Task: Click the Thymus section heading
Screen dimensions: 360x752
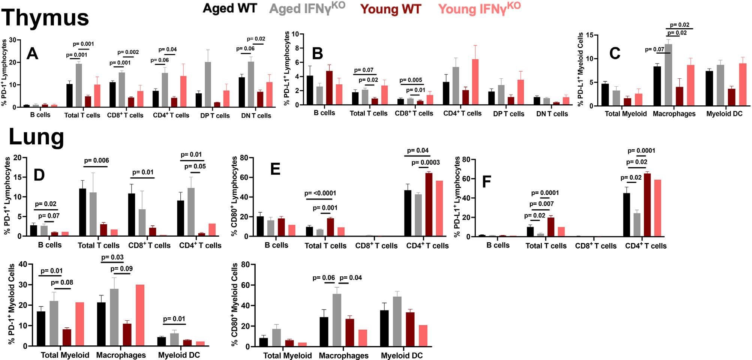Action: pos(45,18)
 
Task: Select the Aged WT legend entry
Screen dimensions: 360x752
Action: pos(229,8)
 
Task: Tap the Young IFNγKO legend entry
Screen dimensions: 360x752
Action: pos(479,8)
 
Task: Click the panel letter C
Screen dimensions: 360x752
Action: pos(614,54)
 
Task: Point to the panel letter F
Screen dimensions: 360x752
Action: pos(486,182)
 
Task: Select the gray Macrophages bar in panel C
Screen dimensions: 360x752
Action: pos(668,75)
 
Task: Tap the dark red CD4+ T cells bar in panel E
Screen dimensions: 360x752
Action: pos(428,205)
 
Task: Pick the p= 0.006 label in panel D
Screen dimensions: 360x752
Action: pos(97,160)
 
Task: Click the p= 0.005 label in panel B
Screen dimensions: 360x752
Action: pos(411,80)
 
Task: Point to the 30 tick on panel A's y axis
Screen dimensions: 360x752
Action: pos(12,40)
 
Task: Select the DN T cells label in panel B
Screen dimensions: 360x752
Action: pos(552,114)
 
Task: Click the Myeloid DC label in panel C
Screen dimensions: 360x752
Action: pos(724,114)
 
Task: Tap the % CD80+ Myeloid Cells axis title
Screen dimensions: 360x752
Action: pos(235,304)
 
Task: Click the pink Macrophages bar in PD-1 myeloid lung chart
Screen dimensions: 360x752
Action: pos(140,315)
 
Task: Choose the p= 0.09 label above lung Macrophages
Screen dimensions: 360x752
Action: pos(121,268)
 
